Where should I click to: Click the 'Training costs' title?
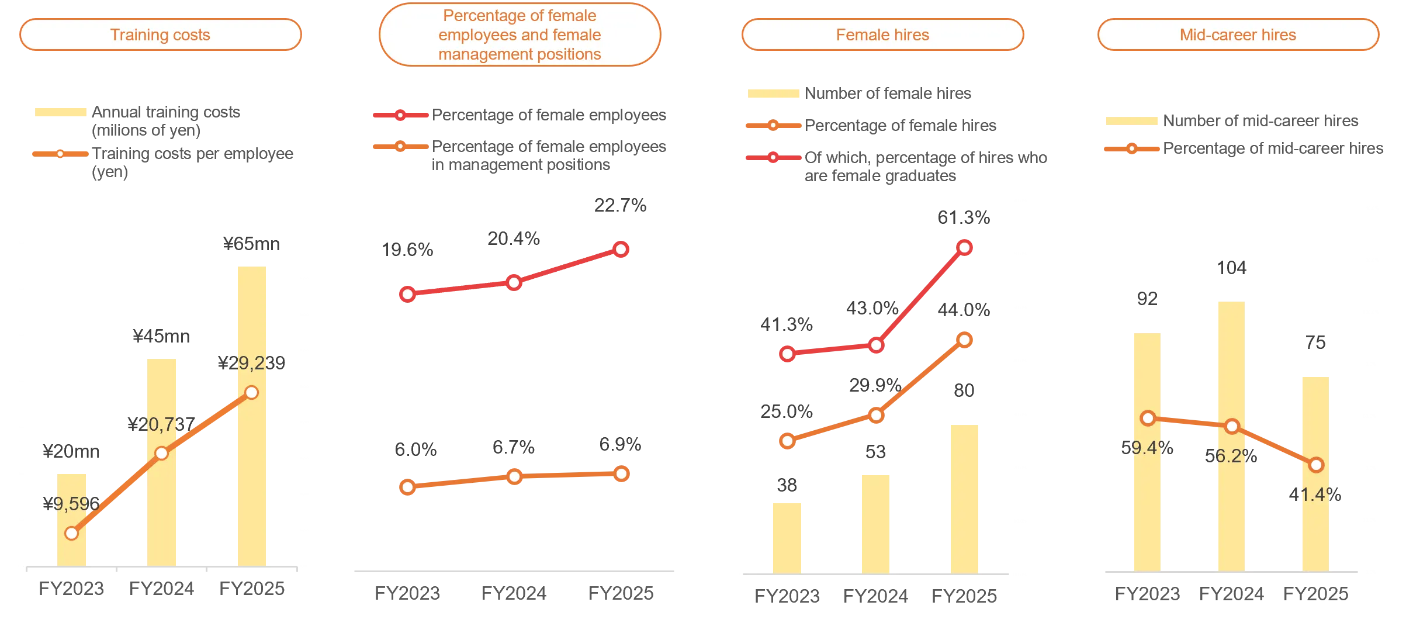click(x=160, y=35)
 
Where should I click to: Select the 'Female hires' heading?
click(x=882, y=35)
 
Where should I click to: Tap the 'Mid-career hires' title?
click(x=1238, y=35)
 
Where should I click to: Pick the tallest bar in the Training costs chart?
click(x=250, y=415)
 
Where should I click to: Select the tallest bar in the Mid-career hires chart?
click(x=1232, y=435)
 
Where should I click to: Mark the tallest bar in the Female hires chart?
click(x=965, y=497)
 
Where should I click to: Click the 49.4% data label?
click(x=1147, y=448)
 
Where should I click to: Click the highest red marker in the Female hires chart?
click(x=965, y=248)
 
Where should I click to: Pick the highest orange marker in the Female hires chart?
click(x=965, y=340)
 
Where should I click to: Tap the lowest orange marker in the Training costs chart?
click(x=72, y=533)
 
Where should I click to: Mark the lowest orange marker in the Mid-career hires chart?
click(x=1316, y=465)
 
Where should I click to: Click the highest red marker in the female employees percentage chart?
click(x=621, y=250)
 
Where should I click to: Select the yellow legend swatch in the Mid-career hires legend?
click(x=1131, y=121)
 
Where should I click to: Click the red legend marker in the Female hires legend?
click(x=773, y=157)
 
